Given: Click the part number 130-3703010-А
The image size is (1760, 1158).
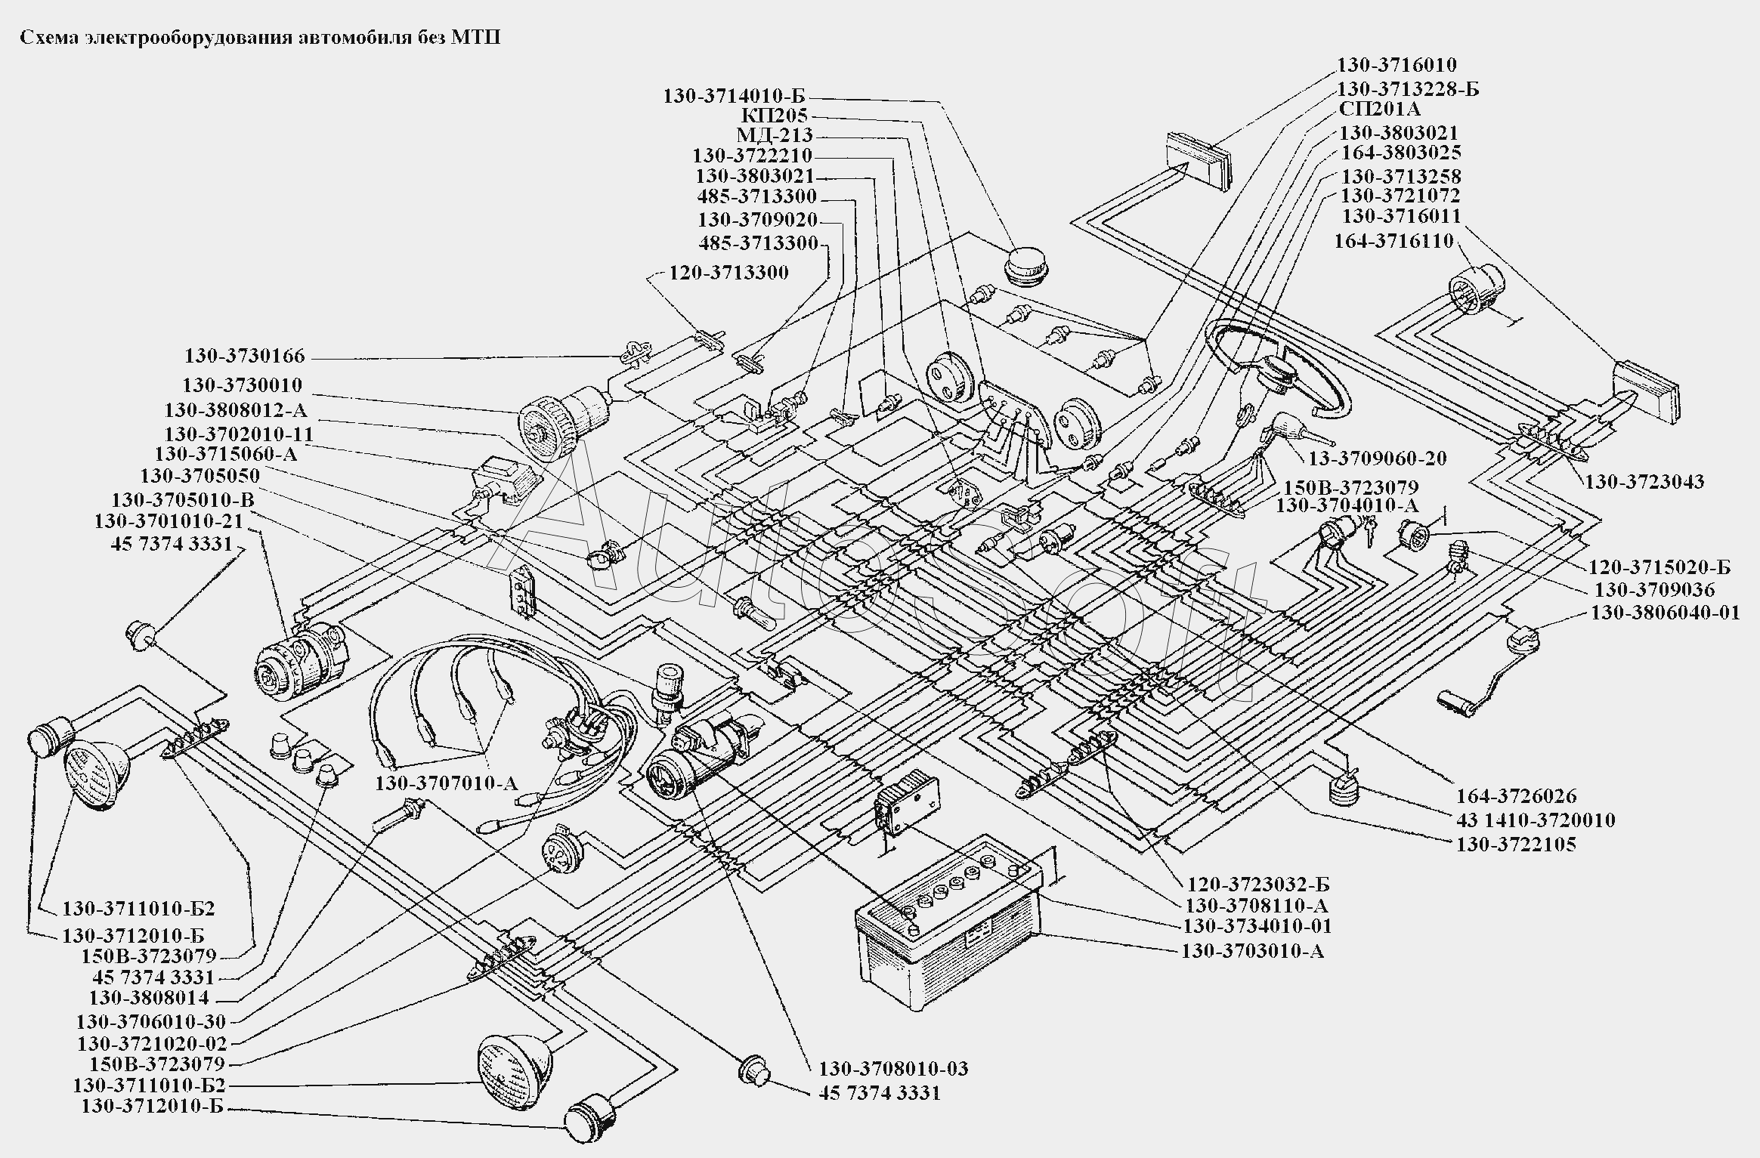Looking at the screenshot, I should (1252, 950).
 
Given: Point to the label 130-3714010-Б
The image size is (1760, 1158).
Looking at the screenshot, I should (735, 96).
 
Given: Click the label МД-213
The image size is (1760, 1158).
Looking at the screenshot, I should (775, 135).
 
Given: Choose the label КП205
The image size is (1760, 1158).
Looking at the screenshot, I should (775, 116).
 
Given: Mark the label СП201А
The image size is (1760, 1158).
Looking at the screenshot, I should (1379, 110).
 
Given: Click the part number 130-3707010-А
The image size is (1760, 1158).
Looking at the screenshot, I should (447, 783).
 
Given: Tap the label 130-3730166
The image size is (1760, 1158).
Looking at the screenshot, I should (244, 356).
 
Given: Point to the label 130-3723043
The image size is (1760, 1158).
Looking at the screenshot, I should (1644, 481).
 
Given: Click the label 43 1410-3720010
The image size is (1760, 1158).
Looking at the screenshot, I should (1536, 820).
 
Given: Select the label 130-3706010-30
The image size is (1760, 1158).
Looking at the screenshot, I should (151, 1022).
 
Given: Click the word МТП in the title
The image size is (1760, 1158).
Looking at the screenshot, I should (476, 39).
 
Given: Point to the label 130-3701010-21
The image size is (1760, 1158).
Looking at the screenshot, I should (169, 521).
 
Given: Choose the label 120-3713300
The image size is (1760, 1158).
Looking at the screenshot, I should (728, 272).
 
